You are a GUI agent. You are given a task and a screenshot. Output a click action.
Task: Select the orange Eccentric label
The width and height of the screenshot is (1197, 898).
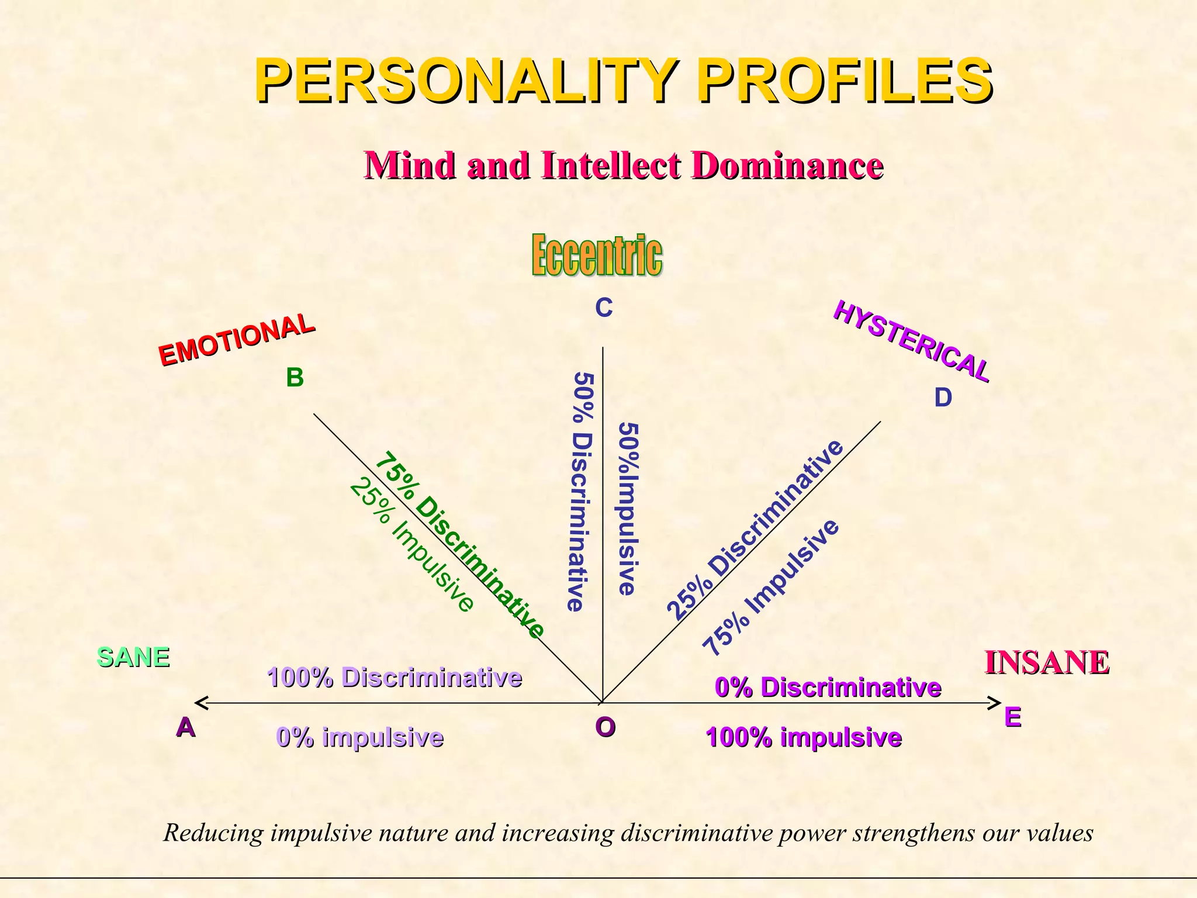point(597,255)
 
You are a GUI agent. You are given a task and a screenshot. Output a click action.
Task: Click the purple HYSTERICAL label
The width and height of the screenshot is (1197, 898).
point(911,341)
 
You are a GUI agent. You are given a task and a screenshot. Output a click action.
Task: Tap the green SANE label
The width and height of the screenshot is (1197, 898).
point(133,657)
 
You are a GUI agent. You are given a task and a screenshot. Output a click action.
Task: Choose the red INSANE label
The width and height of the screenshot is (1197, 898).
point(1046,662)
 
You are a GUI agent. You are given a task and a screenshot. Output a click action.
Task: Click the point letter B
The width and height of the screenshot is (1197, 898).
point(295,378)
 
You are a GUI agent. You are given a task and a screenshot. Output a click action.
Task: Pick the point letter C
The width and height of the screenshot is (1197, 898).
point(603,308)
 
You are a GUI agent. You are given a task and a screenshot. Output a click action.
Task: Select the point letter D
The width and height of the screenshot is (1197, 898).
point(943,398)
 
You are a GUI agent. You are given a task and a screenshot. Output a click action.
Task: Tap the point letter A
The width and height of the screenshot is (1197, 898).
point(185,727)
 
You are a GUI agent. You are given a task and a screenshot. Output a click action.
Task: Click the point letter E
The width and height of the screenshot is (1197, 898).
point(1012,717)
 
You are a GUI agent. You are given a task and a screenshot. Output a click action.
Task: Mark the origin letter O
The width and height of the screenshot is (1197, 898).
point(605,727)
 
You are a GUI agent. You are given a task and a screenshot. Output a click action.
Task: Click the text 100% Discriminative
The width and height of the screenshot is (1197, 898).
point(395,678)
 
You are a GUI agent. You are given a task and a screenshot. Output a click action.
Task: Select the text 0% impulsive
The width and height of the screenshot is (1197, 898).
point(360,737)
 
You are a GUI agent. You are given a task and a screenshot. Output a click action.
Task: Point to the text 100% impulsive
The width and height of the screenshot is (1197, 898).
point(804,737)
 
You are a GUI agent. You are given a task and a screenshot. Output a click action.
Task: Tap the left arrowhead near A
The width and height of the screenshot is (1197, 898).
point(199,702)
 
